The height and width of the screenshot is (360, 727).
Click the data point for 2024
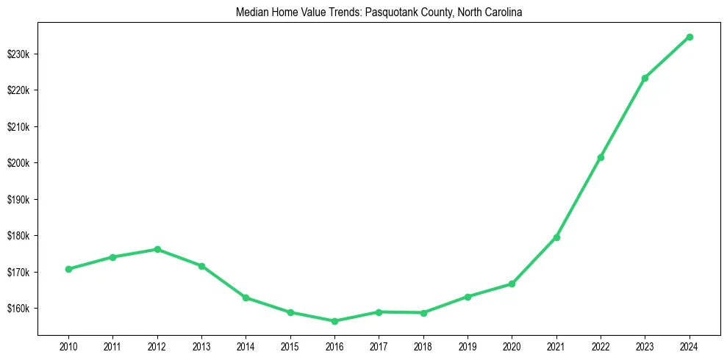tap(690, 37)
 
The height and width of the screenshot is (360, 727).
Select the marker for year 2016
tap(334, 321)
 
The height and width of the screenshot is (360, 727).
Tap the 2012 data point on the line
tap(157, 249)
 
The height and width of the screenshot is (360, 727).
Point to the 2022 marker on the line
tap(601, 157)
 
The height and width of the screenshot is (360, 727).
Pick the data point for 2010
tap(68, 269)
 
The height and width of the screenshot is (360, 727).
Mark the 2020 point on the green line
tap(512, 284)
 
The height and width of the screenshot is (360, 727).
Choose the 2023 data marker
tap(645, 78)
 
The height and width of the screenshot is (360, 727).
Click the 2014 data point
tap(246, 298)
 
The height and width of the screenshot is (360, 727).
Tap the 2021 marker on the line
tap(556, 237)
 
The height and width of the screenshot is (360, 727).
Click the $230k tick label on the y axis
tap(19, 54)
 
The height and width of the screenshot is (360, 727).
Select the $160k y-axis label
tap(19, 309)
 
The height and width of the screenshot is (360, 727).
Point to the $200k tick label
tap(19, 163)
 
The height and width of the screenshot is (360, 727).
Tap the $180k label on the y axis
tap(19, 236)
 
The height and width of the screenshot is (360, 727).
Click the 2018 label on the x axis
tap(423, 345)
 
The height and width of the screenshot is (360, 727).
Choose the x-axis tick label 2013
tap(201, 345)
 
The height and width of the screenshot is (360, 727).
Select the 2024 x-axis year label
tap(690, 345)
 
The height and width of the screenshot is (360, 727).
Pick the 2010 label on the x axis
tap(68, 345)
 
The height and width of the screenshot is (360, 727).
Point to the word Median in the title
tap(250, 13)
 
